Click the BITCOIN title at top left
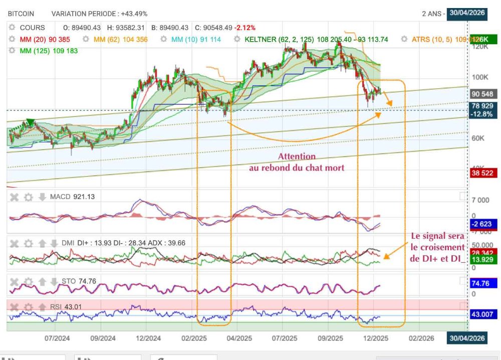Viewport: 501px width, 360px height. click(x=21, y=14)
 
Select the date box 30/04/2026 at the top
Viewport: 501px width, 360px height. click(x=467, y=13)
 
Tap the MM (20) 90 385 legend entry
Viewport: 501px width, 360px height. click(x=45, y=39)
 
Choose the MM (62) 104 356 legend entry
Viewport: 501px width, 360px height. click(x=120, y=39)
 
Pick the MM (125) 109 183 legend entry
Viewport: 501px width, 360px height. click(x=48, y=51)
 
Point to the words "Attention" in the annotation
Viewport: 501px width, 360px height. click(x=297, y=156)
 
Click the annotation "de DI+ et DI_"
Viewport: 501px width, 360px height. click(x=437, y=258)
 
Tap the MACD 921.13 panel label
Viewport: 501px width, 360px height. click(x=72, y=197)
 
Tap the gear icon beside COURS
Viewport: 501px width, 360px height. click(x=12, y=28)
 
